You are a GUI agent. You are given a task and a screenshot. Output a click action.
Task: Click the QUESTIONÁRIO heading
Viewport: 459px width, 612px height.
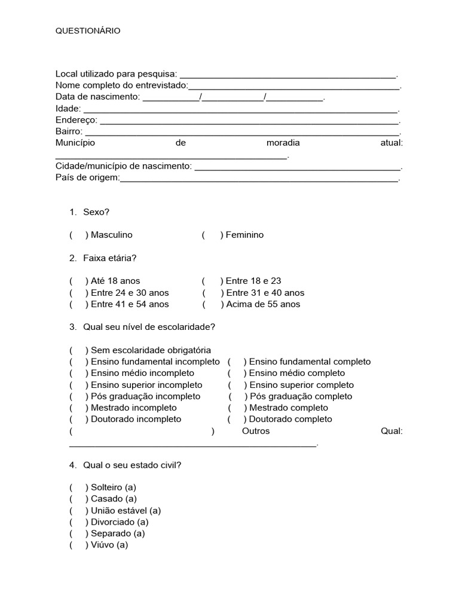(x=88, y=30)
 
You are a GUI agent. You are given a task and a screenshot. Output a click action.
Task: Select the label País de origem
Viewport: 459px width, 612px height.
(x=87, y=178)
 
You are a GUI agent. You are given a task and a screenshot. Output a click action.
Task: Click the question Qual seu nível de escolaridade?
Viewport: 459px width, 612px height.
(x=149, y=327)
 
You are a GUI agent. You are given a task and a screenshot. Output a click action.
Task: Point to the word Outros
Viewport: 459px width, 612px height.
(x=256, y=431)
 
